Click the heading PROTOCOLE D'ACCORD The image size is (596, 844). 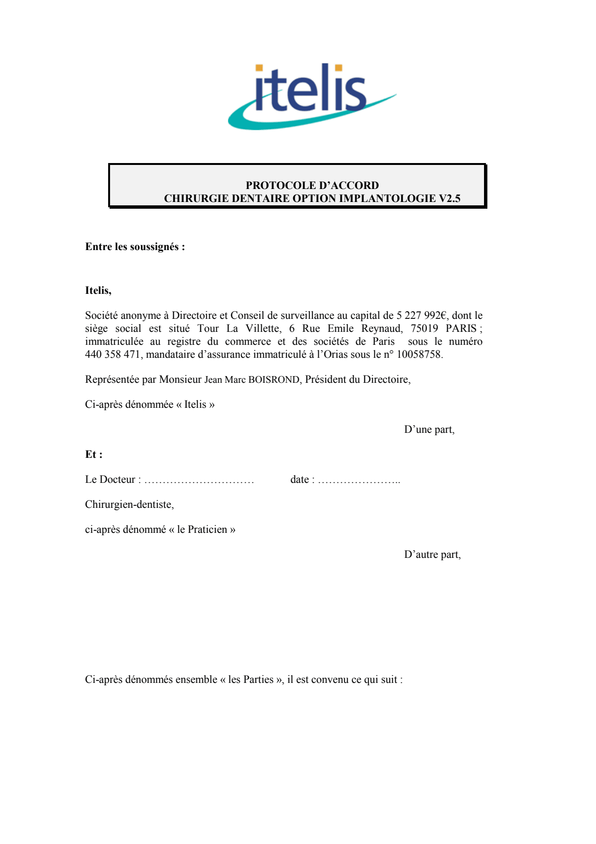pos(312,185)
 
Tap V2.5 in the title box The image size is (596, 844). pos(449,198)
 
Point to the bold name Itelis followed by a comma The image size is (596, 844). pos(98,290)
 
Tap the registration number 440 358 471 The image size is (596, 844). pos(112,354)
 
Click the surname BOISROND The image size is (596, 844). pos(274,379)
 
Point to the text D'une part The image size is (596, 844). pos(429,429)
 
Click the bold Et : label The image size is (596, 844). pos(94,454)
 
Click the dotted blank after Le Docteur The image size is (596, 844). pos(199,480)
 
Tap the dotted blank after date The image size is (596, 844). pos(359,480)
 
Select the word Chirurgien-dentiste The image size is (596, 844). pos(129,504)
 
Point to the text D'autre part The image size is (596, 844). pos(432,554)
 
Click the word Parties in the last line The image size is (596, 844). pos(258,680)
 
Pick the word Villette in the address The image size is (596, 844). pos(263,328)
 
